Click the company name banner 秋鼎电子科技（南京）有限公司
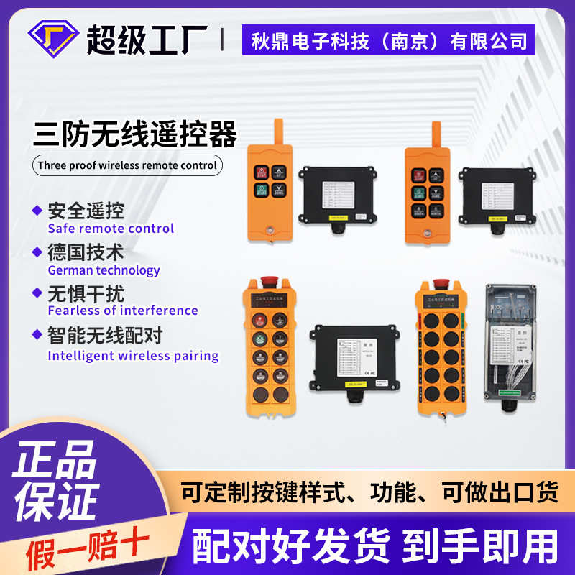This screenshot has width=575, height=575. tap(388, 40)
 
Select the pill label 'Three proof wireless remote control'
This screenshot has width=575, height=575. tap(127, 165)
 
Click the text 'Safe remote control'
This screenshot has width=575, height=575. tap(111, 229)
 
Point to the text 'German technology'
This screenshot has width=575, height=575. tap(103, 270)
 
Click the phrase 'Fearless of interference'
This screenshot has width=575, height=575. tap(123, 310)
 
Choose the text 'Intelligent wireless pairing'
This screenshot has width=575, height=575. tap(133, 355)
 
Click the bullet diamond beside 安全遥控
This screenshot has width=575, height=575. tap(37, 211)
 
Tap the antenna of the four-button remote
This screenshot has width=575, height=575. tap(277, 132)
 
